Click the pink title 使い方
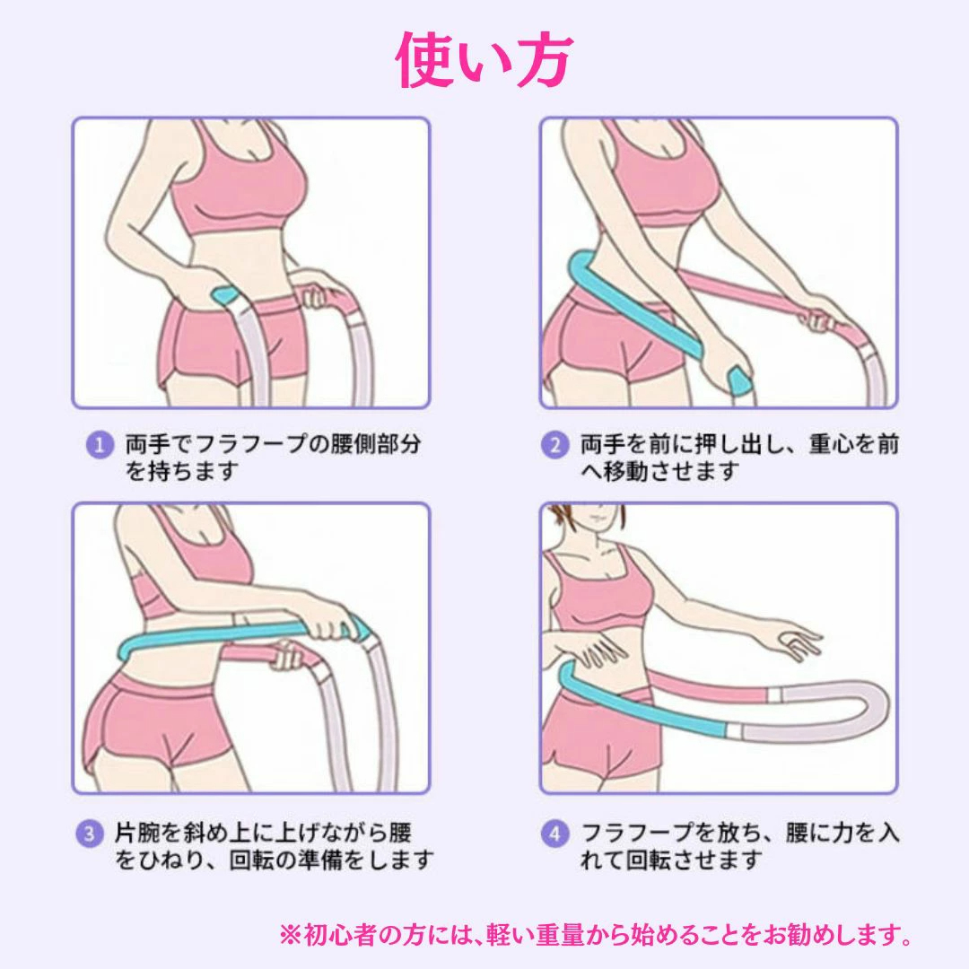click(x=484, y=61)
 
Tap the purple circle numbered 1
click(x=99, y=446)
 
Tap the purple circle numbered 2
click(x=554, y=446)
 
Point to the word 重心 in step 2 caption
click(x=832, y=444)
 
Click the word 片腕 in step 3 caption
click(x=137, y=833)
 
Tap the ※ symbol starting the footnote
click(x=291, y=935)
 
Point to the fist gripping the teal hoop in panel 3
click(x=330, y=625)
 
